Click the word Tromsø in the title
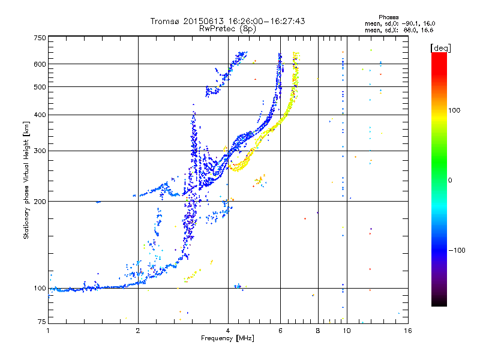166,21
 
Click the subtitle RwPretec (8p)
227,29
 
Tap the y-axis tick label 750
40,38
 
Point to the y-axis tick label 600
40,64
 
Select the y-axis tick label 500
40,87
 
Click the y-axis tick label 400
40,115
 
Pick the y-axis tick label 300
40,151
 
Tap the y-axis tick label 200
40,202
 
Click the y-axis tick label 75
42,322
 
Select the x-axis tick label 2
138,331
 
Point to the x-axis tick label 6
280,331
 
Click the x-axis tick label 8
318,331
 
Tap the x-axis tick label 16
408,331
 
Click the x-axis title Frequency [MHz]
227,338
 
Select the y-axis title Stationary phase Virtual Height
26,190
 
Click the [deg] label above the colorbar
440,48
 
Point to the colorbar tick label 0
449,181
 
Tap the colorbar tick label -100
457,250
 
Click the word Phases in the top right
388,17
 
